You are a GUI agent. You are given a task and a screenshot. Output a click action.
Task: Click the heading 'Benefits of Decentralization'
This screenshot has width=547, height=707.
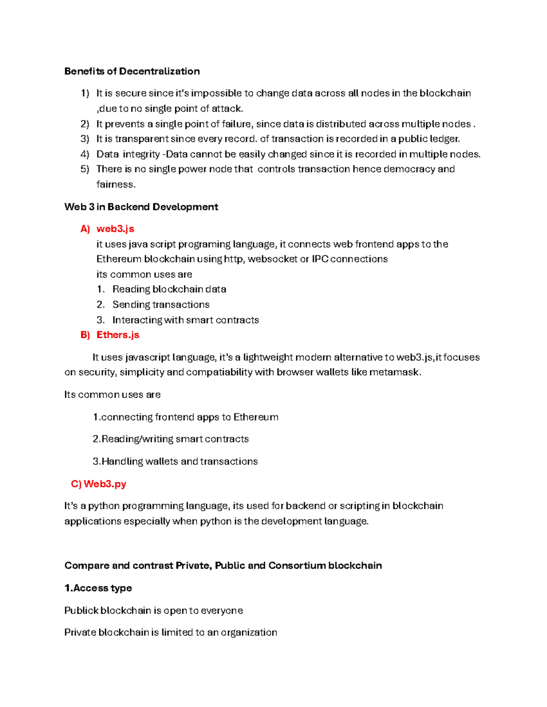(132, 71)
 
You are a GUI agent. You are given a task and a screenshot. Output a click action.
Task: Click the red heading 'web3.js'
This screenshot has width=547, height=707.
(115, 229)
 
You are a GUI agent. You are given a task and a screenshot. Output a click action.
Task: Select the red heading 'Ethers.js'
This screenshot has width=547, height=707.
(118, 335)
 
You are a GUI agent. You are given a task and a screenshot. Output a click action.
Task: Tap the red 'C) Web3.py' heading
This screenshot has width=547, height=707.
(98, 483)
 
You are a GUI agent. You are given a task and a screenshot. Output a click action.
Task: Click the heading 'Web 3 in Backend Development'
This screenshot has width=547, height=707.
(141, 207)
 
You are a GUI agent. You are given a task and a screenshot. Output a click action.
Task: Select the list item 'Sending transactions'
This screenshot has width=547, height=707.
(160, 305)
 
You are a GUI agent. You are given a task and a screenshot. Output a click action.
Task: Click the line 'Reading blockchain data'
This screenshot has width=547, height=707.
(169, 289)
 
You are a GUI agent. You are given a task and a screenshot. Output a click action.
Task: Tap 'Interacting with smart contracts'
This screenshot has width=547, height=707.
(185, 320)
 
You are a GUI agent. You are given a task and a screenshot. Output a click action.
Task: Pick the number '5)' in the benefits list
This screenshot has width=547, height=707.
(85, 169)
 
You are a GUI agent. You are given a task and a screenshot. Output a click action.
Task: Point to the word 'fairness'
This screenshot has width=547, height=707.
(115, 184)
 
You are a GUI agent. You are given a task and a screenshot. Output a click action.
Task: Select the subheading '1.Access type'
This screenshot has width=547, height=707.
(98, 588)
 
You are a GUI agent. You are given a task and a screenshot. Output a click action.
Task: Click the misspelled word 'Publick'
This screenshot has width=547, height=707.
(81, 610)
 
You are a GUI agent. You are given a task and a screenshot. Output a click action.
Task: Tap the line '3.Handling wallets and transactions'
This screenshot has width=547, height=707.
(175, 461)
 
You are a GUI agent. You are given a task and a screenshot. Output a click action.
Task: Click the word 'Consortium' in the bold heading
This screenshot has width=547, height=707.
(296, 565)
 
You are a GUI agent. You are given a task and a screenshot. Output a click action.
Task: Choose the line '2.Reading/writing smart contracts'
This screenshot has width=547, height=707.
(170, 439)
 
